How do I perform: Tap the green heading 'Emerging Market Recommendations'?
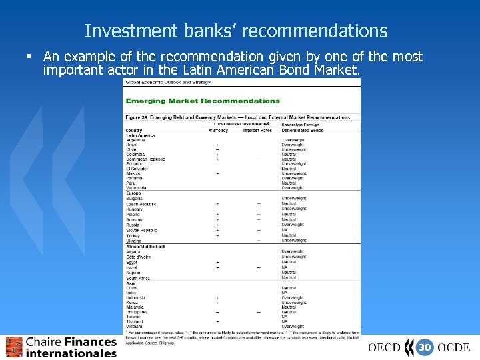pyautogui.click(x=203, y=101)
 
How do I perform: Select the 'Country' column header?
pyautogui.click(x=134, y=130)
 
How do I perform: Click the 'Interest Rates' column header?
pyautogui.click(x=257, y=130)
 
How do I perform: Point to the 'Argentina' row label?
pyautogui.click(x=137, y=139)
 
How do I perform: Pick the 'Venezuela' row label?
pyautogui.click(x=137, y=188)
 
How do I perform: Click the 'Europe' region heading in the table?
pyautogui.click(x=133, y=193)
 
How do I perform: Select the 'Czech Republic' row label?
pyautogui.click(x=141, y=204)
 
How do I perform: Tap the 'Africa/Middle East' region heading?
pyautogui.click(x=145, y=247)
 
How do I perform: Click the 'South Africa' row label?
pyautogui.click(x=139, y=278)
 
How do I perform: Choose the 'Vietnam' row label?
pyautogui.click(x=135, y=327)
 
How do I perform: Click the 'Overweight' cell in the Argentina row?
pyautogui.click(x=293, y=139)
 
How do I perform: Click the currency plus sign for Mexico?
pyautogui.click(x=217, y=173)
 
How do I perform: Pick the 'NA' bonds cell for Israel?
pyautogui.click(x=285, y=267)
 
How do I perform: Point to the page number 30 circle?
pyautogui.click(x=425, y=347)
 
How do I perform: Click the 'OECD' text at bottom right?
pyautogui.click(x=384, y=347)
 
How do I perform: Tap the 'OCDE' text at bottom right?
pyautogui.click(x=454, y=347)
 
